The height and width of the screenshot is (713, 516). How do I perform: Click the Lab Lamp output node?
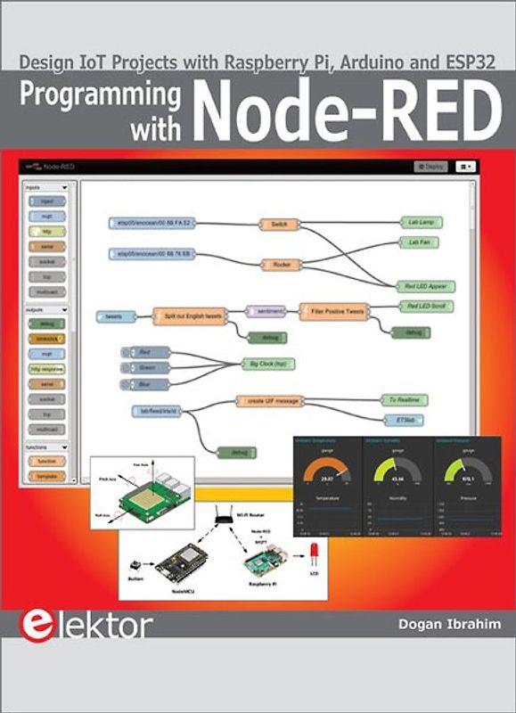[x=425, y=221]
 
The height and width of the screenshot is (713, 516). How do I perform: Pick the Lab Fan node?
[x=422, y=242]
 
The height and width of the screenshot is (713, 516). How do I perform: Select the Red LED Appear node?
[x=425, y=287]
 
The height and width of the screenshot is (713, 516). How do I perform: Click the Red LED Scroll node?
[x=425, y=306]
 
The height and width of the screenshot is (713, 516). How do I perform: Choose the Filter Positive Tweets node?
[x=333, y=312]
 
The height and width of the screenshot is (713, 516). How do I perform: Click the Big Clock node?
[x=267, y=364]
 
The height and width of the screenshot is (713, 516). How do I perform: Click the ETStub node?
[x=404, y=419]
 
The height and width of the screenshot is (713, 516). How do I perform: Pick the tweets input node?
[x=114, y=316]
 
